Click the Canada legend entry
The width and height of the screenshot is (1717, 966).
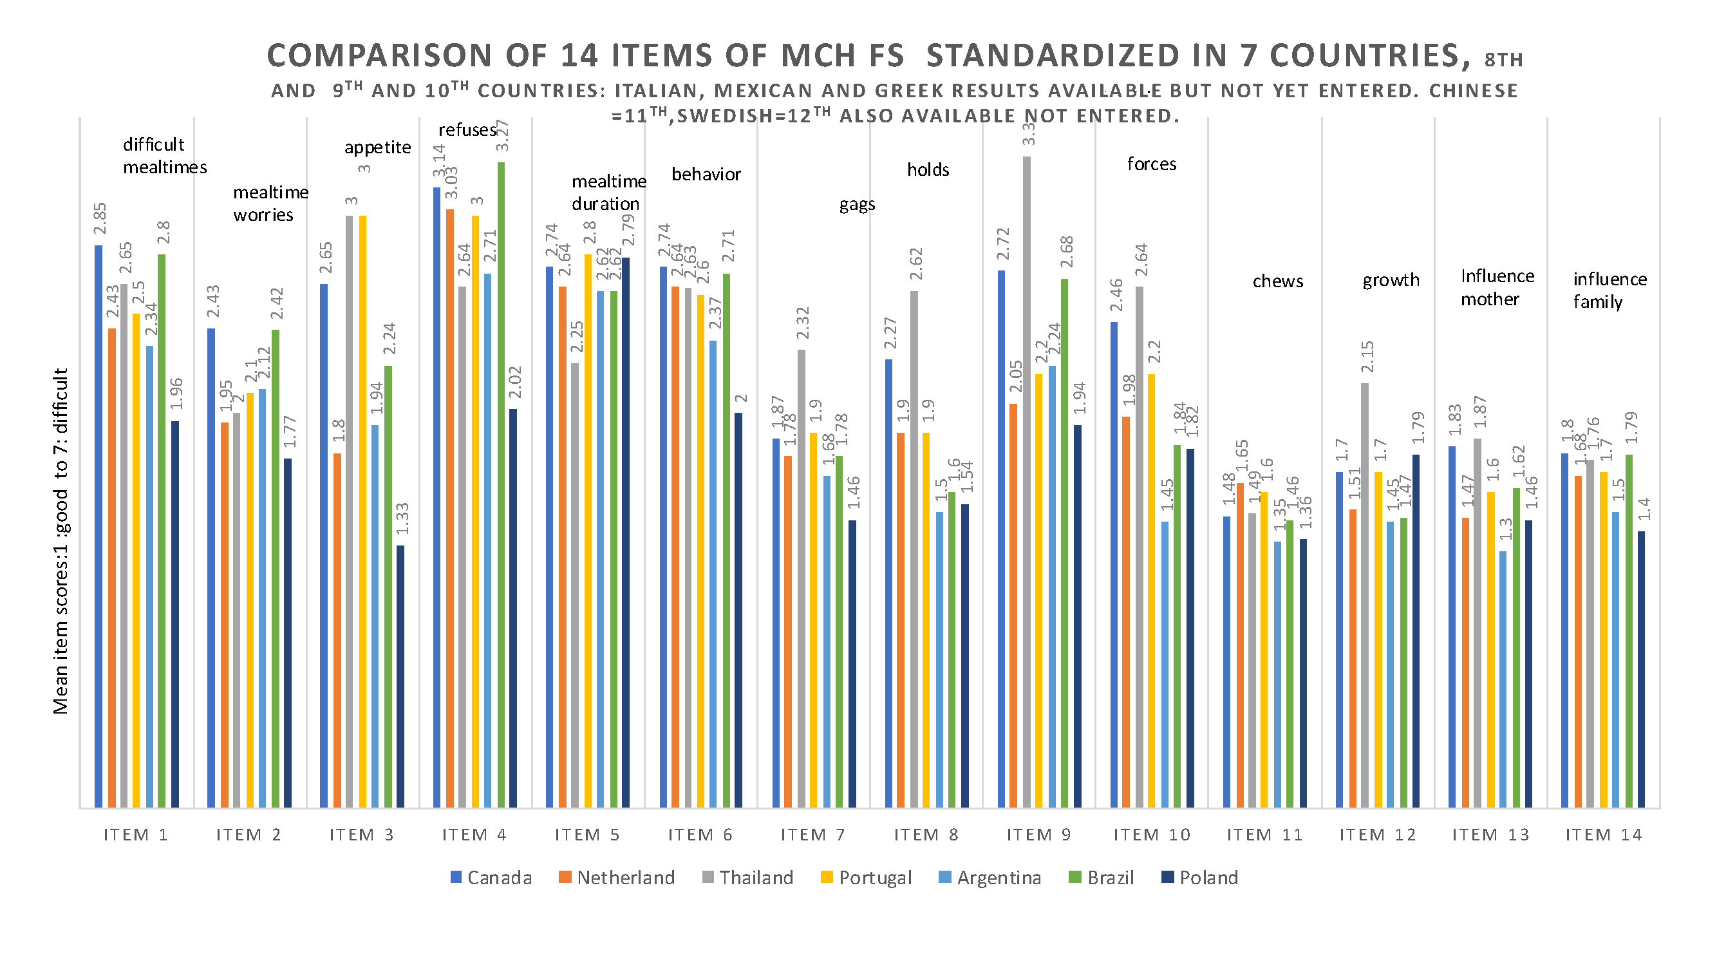point(492,877)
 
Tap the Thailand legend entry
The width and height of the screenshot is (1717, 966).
point(748,877)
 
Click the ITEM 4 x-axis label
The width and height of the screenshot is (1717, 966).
point(474,835)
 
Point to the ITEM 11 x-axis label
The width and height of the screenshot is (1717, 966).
point(1265,835)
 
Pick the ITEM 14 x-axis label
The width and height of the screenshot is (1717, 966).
point(1604,835)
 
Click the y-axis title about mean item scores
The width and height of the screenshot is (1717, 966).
point(61,542)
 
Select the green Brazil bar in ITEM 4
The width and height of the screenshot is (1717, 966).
point(502,485)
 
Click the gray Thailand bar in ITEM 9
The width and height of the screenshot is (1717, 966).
point(1026,482)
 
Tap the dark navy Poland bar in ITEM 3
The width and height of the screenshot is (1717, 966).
point(400,676)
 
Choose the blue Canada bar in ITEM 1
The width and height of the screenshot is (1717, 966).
point(99,527)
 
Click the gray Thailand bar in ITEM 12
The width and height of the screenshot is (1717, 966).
point(1365,595)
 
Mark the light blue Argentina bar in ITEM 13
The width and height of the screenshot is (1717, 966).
point(1503,679)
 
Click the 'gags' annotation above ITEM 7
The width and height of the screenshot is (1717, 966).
point(856,204)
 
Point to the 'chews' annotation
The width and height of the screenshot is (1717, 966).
point(1278,281)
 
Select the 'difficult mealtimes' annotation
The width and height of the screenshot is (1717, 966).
point(165,155)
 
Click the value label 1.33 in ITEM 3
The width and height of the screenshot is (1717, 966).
point(402,518)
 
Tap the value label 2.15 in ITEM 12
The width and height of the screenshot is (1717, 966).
point(1367,357)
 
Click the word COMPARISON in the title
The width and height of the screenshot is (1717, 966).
point(379,55)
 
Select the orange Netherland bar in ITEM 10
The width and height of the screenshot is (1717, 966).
point(1127,612)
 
